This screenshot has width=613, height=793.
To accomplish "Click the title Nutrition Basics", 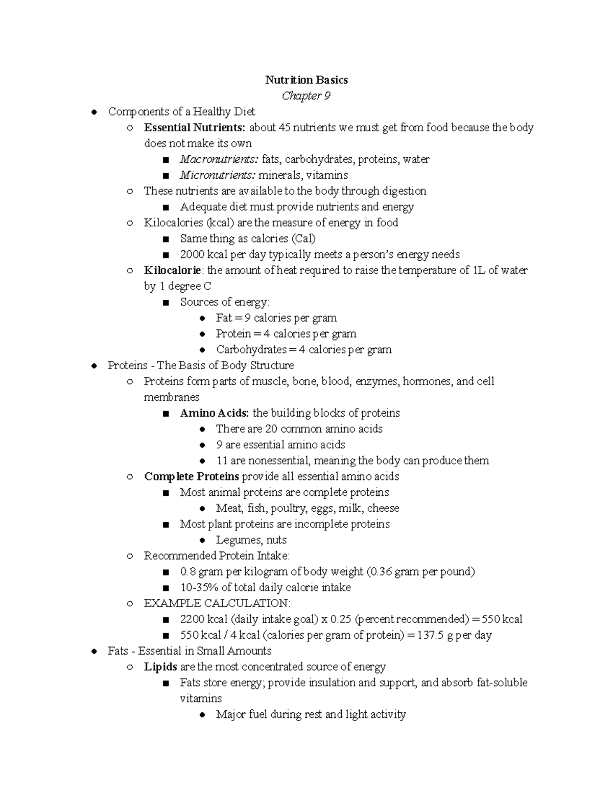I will click(306, 80).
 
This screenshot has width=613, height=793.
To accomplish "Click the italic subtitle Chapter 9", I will click(306, 96).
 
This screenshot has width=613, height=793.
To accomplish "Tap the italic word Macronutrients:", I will click(219, 159).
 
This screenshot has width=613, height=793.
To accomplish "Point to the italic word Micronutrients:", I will click(217, 175).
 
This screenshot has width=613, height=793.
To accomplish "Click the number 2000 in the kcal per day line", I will click(192, 254).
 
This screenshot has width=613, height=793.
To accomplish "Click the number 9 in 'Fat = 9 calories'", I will click(247, 318).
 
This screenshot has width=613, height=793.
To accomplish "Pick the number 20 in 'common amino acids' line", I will click(271, 428).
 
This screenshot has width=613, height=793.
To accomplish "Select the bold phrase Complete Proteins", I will click(192, 476).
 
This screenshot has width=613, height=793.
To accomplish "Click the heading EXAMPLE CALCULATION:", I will click(217, 603).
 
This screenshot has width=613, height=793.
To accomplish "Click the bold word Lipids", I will click(160, 667).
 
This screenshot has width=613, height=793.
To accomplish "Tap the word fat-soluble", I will click(502, 683).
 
